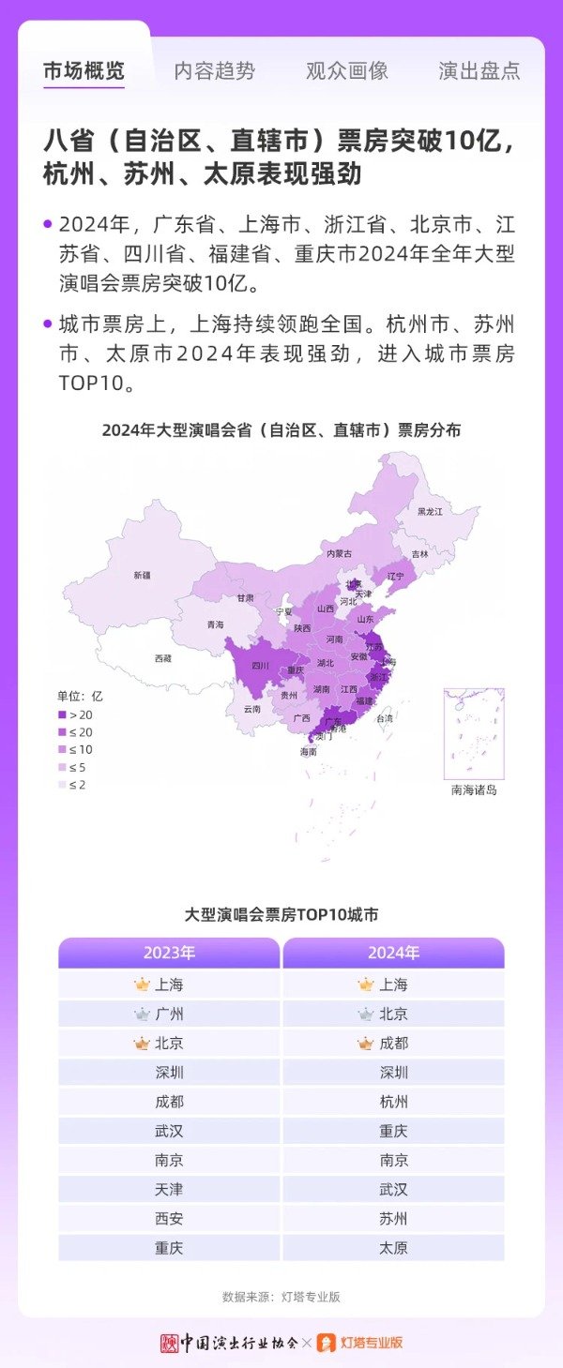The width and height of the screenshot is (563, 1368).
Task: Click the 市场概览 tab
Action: coord(84,71)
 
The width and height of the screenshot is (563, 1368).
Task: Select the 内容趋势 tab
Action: coord(214,71)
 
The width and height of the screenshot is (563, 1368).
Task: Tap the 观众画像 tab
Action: coord(346,71)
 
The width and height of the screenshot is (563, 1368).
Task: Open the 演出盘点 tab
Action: coord(479,71)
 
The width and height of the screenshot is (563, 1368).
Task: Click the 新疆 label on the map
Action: coord(142,575)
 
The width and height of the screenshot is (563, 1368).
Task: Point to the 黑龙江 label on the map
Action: coord(430,511)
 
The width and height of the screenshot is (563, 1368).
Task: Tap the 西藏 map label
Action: coord(163,659)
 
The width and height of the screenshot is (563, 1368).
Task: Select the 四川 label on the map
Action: coord(261,666)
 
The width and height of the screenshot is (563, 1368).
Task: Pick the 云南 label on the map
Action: coord(251,709)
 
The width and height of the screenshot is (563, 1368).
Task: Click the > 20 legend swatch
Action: coord(63,714)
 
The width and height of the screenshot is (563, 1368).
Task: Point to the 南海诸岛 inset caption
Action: coord(474,790)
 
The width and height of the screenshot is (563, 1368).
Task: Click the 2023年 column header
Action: coord(169,953)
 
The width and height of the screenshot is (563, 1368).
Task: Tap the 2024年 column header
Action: coord(393,953)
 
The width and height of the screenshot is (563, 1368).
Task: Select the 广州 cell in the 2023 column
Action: coord(169,1014)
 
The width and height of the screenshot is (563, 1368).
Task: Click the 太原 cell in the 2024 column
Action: coord(393,1248)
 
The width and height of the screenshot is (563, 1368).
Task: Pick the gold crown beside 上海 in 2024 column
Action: coord(366,985)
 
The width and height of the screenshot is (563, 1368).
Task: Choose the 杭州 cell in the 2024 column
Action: coord(393,1102)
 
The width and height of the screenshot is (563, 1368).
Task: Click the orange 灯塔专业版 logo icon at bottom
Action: coord(327,1343)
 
